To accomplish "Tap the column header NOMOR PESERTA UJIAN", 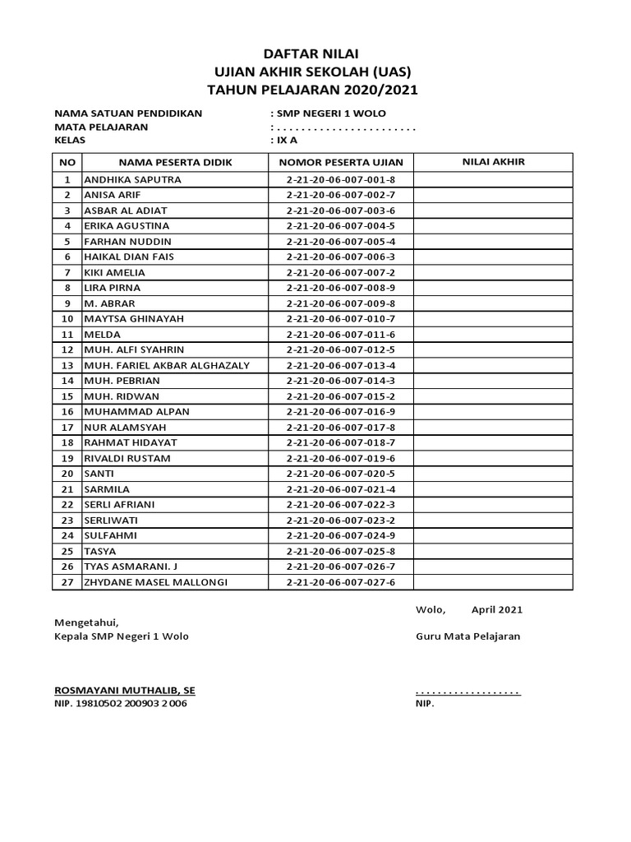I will tap(341, 163).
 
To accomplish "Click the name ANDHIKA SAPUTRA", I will tap(132, 179).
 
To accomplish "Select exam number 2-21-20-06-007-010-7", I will tap(341, 318).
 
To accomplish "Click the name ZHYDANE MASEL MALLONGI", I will tap(155, 582).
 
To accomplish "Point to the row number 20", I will tap(67, 474).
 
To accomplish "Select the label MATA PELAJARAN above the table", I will tap(101, 127).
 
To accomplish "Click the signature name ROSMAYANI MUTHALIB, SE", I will tap(125, 690).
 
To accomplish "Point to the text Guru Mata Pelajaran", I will tap(467, 636).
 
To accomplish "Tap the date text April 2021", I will tap(496, 610).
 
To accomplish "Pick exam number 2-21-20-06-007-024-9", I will tap(341, 535).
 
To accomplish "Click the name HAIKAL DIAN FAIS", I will tap(129, 257).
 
